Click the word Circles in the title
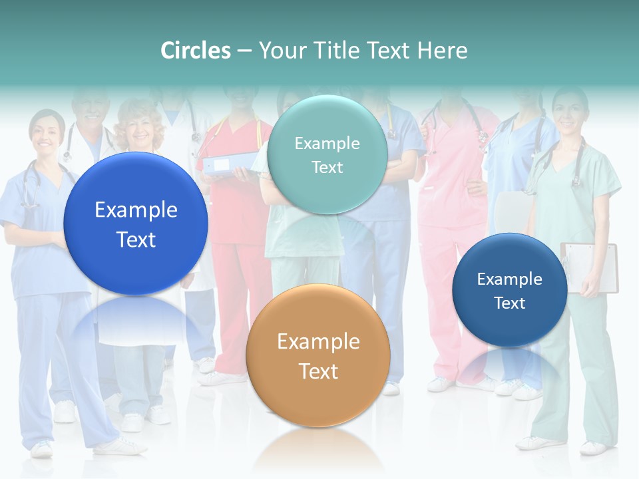click(196, 51)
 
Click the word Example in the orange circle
click(318, 342)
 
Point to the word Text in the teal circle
click(327, 168)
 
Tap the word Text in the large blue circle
click(136, 239)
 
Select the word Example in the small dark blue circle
click(510, 279)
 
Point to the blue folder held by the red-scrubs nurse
click(230, 164)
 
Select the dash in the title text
click(244, 51)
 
